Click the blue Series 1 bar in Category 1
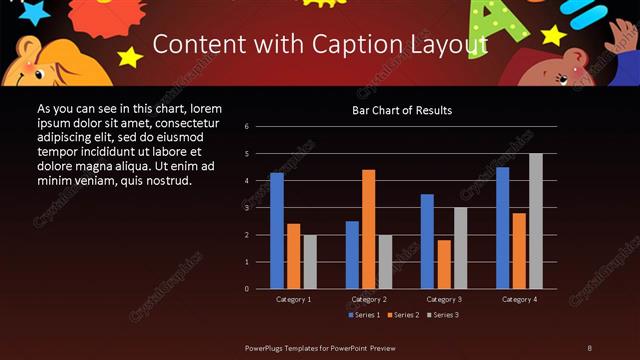[277, 231]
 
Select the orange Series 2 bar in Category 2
[369, 229]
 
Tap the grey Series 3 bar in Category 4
[536, 221]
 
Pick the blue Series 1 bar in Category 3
[428, 241]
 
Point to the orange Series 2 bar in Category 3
[444, 264]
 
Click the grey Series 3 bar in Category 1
[310, 262]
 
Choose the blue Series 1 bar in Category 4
[503, 228]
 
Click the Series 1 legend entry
[363, 315]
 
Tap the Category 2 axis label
[369, 299]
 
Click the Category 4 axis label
[520, 299]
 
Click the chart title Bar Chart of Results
[402, 110]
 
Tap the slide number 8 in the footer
[589, 347]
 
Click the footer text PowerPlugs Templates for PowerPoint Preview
[319, 347]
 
